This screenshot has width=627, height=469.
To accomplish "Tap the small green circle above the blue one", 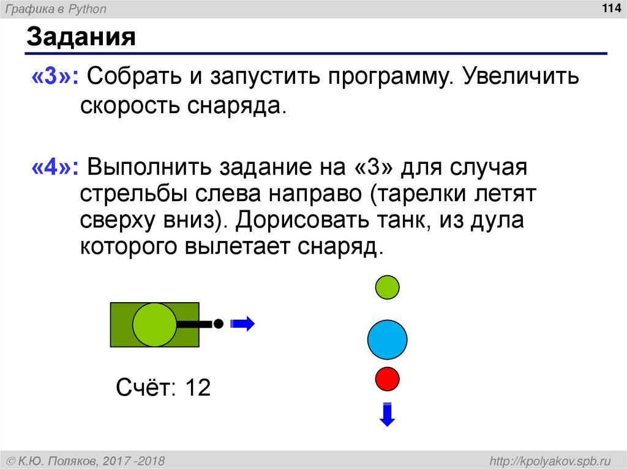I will pos(387,287).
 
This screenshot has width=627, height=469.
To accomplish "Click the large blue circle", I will pos(387,339).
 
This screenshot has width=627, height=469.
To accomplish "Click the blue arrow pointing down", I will pos(387,414).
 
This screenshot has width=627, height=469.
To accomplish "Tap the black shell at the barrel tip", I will pos(217,323).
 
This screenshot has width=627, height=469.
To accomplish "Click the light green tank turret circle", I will pos(154,323).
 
